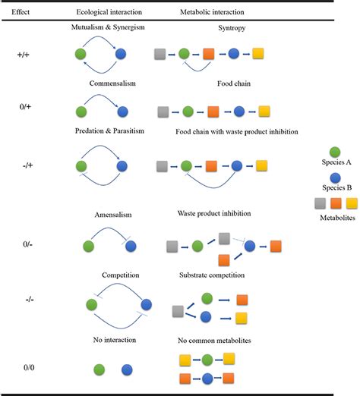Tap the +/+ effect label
pyautogui.click(x=24, y=55)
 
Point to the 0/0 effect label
pyautogui.click(x=24, y=369)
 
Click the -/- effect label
pyautogui.click(x=24, y=299)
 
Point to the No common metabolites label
pyautogui.click(x=213, y=341)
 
